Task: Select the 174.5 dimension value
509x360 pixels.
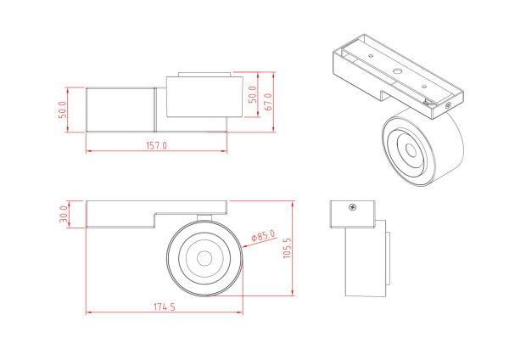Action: point(165,307)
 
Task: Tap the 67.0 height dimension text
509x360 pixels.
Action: point(269,102)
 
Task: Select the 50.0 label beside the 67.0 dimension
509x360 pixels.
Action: point(251,95)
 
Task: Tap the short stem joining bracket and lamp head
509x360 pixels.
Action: point(204,216)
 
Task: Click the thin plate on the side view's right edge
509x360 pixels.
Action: point(386,253)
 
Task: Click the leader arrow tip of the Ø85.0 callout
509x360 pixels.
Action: point(243,242)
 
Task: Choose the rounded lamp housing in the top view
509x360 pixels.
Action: point(199,98)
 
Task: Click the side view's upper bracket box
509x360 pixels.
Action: point(352,215)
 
